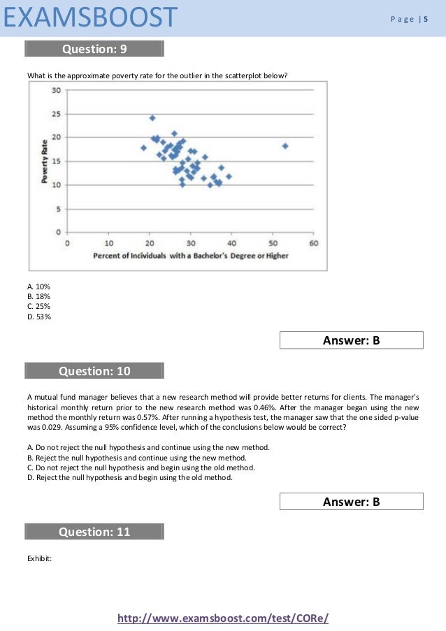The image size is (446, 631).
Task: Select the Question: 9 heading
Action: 94,49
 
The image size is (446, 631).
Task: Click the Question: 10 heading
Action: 94,371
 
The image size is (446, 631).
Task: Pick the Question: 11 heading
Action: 94,532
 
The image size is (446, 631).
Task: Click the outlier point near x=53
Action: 285,145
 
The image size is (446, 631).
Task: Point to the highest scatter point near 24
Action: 152,117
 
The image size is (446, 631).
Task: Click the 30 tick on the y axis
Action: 55,89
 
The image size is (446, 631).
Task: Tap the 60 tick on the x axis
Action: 314,243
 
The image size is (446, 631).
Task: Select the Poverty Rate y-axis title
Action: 44,161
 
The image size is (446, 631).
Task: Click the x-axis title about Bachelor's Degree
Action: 191,256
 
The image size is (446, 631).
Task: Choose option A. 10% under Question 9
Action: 38,287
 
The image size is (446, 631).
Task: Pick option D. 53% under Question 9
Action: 38,317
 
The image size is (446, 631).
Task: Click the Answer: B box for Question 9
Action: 351,340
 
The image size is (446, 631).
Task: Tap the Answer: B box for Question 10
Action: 351,501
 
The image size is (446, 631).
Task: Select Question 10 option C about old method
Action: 140,467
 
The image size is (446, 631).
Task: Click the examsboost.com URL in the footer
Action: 223,618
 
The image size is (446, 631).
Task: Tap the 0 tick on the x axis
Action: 67,243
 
